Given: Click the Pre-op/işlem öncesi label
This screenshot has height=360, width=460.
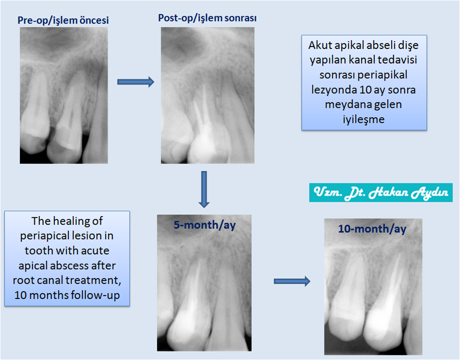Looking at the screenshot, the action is pos(63,20).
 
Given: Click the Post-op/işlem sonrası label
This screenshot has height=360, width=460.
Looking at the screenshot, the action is pos(207,18).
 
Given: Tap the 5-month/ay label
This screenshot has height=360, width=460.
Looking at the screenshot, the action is pos(204,225).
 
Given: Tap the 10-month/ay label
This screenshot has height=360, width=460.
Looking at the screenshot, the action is pos(372,229).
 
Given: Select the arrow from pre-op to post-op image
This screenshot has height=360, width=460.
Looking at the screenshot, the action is pos(136,82).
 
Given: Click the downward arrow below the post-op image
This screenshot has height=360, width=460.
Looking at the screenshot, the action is pos(204,189).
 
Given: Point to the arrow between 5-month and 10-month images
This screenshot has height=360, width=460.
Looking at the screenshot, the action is pos(292,282).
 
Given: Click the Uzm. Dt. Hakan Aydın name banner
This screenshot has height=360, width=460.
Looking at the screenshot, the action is pos(381,193).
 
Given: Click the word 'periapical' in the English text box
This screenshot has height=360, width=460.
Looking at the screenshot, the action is pos(42,236).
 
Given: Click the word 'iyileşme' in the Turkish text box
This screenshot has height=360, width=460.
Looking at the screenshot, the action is pos(364,120).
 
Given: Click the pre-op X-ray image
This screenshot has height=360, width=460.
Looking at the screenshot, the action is pos(63,95).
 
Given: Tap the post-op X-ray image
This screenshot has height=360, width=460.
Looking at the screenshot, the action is pos(207,95).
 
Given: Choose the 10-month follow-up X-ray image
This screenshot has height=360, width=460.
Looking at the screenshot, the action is pos(373,287).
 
